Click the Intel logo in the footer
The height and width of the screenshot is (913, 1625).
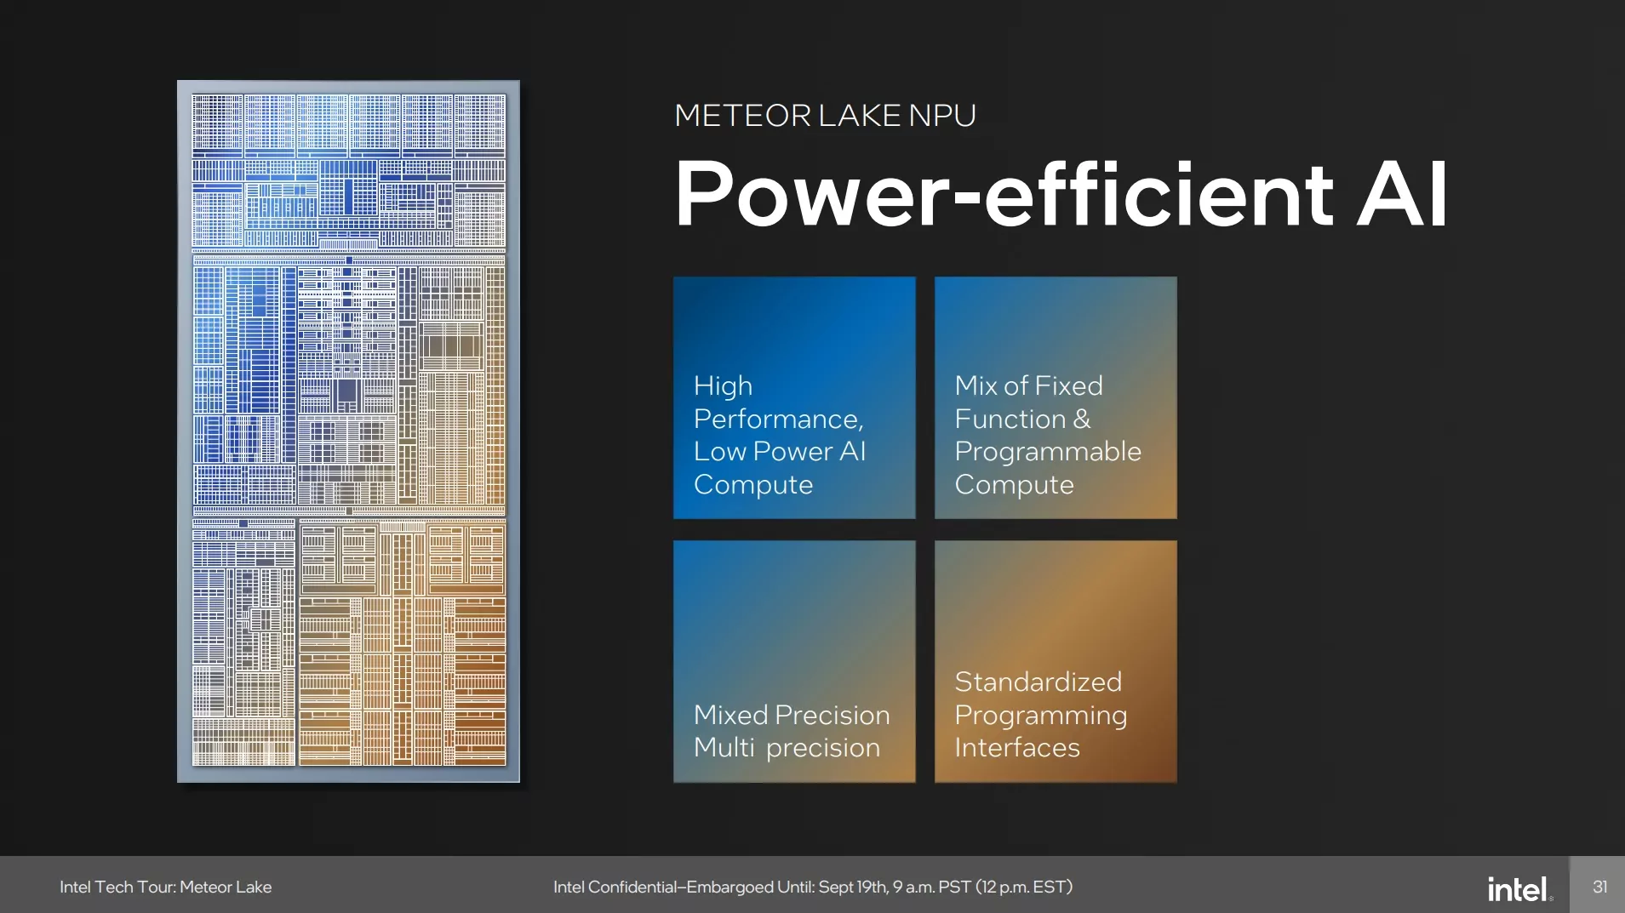point(1518,889)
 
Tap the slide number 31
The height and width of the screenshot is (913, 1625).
point(1599,887)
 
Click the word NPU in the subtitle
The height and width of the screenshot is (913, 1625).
point(942,116)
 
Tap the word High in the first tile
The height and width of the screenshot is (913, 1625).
point(723,386)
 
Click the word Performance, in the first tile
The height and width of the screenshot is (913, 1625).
point(778,419)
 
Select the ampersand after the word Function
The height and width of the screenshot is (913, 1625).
point(1081,419)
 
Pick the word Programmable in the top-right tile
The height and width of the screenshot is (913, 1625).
point(1047,451)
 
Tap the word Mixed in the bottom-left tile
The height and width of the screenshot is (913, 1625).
point(730,715)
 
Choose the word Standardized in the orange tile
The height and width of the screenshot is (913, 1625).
point(1038,682)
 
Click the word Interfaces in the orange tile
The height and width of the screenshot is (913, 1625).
point(1016,747)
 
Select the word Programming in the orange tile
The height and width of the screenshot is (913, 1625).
point(1040,716)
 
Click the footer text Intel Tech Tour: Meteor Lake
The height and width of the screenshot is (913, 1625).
point(165,887)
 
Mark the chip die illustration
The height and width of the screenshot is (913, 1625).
point(348,431)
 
